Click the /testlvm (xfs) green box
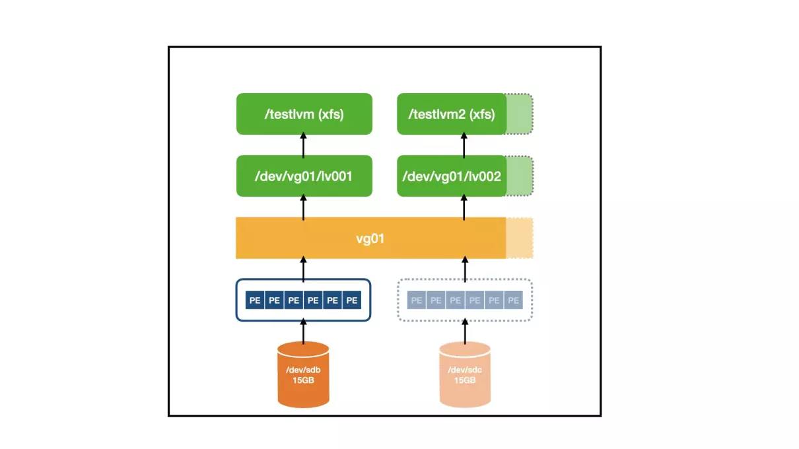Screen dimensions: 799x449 click(304, 114)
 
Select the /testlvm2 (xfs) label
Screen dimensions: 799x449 click(452, 114)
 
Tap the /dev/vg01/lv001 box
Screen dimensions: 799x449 click(304, 176)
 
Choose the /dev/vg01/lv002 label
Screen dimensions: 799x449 click(452, 176)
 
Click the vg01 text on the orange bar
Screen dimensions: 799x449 click(370, 238)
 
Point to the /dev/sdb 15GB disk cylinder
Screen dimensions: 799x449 click(303, 374)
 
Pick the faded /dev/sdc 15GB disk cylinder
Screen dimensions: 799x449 click(465, 374)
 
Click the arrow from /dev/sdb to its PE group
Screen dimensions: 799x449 click(303, 331)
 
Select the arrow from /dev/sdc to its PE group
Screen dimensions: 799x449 click(465, 331)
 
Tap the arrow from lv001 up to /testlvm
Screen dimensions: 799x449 click(303, 145)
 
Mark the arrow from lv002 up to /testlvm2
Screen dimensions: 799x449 click(464, 145)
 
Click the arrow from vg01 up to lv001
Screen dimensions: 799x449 click(303, 207)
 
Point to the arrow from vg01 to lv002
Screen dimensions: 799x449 click(464, 207)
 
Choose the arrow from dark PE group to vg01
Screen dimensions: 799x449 click(303, 269)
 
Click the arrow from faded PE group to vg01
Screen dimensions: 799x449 click(465, 269)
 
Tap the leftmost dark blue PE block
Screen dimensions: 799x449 click(255, 300)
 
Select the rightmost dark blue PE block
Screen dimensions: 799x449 click(352, 300)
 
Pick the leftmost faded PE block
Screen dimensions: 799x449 click(416, 300)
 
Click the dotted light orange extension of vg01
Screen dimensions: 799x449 click(519, 238)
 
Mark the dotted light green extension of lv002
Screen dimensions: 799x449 click(520, 176)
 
